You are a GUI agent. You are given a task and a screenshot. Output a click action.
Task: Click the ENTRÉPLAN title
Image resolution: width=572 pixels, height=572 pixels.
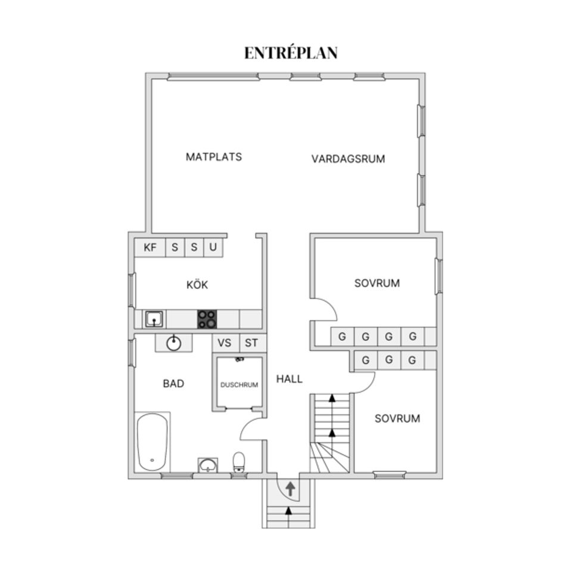tap(291, 53)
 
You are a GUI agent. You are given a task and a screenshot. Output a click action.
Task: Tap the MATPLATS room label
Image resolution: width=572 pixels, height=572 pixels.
tap(214, 157)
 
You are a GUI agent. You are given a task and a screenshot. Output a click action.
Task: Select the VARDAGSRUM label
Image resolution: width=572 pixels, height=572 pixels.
tap(348, 159)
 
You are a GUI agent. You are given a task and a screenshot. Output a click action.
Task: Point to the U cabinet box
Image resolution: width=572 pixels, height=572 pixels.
tap(213, 247)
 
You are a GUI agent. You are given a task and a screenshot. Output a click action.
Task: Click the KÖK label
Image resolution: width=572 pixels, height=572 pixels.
tap(197, 285)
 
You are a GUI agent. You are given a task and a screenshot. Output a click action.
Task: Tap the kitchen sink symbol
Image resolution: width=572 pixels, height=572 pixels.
tap(154, 319)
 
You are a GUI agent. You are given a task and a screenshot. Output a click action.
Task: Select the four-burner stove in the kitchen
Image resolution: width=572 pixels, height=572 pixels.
tap(207, 319)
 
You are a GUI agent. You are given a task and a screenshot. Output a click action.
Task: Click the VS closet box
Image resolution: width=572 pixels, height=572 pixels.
tap(225, 343)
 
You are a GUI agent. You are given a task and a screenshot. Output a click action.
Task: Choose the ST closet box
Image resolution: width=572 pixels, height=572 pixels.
tap(252, 343)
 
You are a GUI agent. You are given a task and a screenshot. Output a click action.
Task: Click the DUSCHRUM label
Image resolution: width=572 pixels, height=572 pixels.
tap(239, 385)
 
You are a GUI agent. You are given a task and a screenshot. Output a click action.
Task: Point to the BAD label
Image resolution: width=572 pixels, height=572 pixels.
tap(173, 384)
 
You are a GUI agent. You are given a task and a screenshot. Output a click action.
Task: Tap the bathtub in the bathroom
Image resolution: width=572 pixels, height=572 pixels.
tap(153, 442)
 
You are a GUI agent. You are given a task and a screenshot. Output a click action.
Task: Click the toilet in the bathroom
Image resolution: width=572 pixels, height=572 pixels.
tap(239, 462)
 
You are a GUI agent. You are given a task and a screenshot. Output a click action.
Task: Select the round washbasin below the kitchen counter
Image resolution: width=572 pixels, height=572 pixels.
tap(173, 343)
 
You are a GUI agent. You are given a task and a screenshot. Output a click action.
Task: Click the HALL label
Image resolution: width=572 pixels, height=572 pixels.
tap(289, 378)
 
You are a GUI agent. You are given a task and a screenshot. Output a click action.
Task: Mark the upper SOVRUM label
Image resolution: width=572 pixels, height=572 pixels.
tap(377, 283)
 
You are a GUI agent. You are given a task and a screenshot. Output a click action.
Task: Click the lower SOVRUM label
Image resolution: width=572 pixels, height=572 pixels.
tap(397, 418)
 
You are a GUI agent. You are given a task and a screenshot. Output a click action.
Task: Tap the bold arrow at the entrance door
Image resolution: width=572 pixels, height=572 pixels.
tap(290, 490)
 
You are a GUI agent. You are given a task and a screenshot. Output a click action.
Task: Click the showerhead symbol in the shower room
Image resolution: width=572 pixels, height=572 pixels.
tap(240, 360)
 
